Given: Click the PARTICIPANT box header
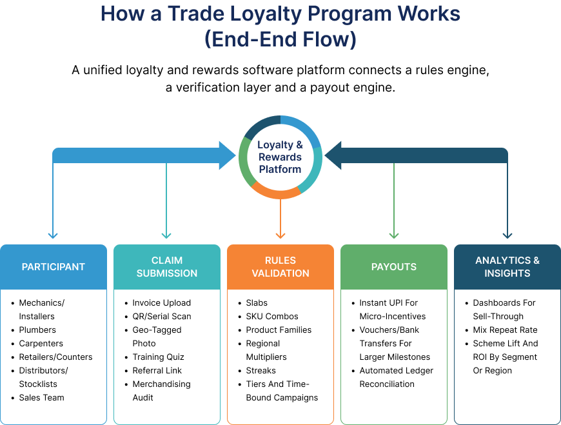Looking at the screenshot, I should (54, 267).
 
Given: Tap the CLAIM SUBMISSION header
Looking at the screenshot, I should (167, 267).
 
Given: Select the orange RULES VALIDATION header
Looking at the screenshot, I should (280, 267).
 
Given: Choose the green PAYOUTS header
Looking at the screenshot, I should (394, 267).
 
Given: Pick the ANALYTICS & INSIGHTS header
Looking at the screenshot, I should (507, 267).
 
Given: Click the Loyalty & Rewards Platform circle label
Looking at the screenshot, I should (280, 157).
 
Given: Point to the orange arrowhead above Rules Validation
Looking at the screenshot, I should (280, 234).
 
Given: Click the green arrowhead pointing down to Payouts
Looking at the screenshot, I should (394, 235).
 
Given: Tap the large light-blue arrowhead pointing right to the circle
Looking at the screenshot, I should (227, 155).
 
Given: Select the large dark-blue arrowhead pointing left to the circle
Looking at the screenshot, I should (333, 155).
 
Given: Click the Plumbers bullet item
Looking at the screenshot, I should (37, 330).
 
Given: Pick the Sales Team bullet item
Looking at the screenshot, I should (41, 398).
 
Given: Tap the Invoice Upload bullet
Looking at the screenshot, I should (161, 303).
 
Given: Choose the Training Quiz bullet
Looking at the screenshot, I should (158, 357).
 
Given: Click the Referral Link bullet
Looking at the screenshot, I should (157, 371).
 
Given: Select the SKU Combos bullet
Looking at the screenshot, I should (271, 317).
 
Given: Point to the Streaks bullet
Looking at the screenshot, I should (261, 371).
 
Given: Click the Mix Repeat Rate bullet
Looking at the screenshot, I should (505, 330).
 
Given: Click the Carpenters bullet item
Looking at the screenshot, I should (41, 344).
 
